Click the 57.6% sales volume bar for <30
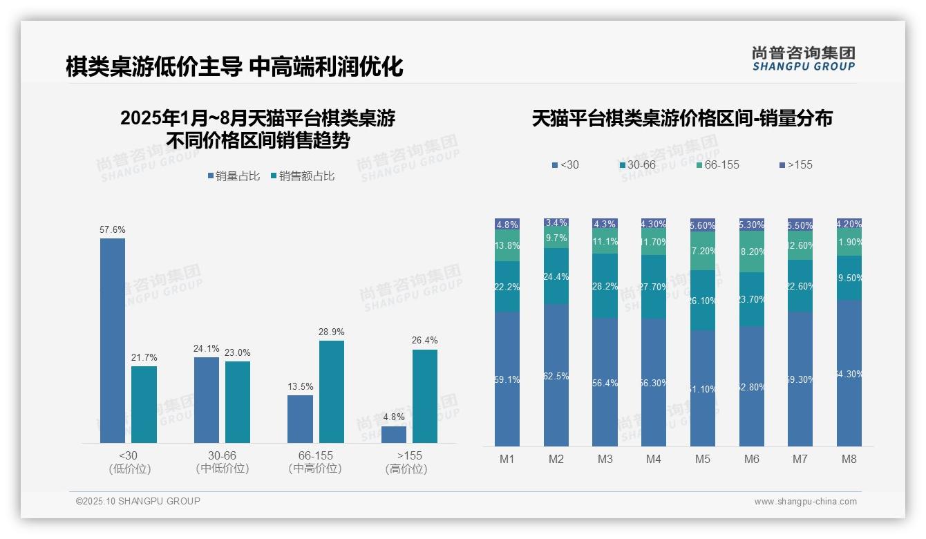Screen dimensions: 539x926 point(113,340)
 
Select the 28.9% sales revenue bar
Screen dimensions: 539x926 point(332,391)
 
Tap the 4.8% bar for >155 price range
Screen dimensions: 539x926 point(394,434)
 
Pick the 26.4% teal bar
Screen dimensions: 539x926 point(425,396)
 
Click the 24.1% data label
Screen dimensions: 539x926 point(206,348)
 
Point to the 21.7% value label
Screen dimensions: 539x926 point(144,357)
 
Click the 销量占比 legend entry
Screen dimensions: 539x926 point(234,176)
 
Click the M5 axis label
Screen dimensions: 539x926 point(703,459)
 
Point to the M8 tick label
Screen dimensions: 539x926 point(849,459)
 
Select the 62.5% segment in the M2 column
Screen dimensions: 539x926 point(557,375)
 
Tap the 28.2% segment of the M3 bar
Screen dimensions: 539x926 point(605,286)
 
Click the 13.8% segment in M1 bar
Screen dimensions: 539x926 point(507,246)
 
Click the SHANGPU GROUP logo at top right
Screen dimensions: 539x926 point(804,58)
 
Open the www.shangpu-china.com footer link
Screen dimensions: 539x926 point(805,502)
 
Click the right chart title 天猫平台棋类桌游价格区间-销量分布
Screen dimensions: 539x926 point(682,118)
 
